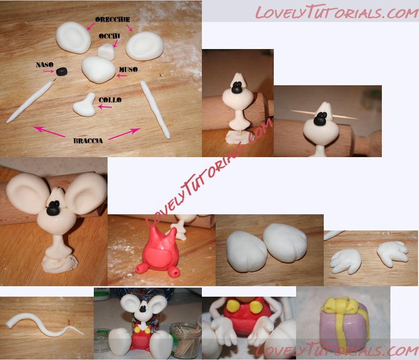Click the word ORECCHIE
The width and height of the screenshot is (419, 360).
[112, 20]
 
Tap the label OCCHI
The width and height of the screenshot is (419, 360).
[110, 36]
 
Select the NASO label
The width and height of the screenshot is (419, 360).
[45, 65]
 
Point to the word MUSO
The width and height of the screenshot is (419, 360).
[128, 70]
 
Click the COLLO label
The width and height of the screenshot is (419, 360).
[110, 100]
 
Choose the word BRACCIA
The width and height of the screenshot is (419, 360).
[88, 141]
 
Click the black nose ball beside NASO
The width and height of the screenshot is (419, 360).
[61, 71]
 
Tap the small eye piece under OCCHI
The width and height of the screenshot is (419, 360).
[106, 51]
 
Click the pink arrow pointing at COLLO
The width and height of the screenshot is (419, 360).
[105, 107]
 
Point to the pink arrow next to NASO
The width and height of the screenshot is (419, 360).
[49, 71]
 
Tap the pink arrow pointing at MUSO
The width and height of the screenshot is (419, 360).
[122, 76]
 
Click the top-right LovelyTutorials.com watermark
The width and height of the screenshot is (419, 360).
[337, 12]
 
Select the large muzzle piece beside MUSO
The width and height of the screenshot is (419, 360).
[98, 70]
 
